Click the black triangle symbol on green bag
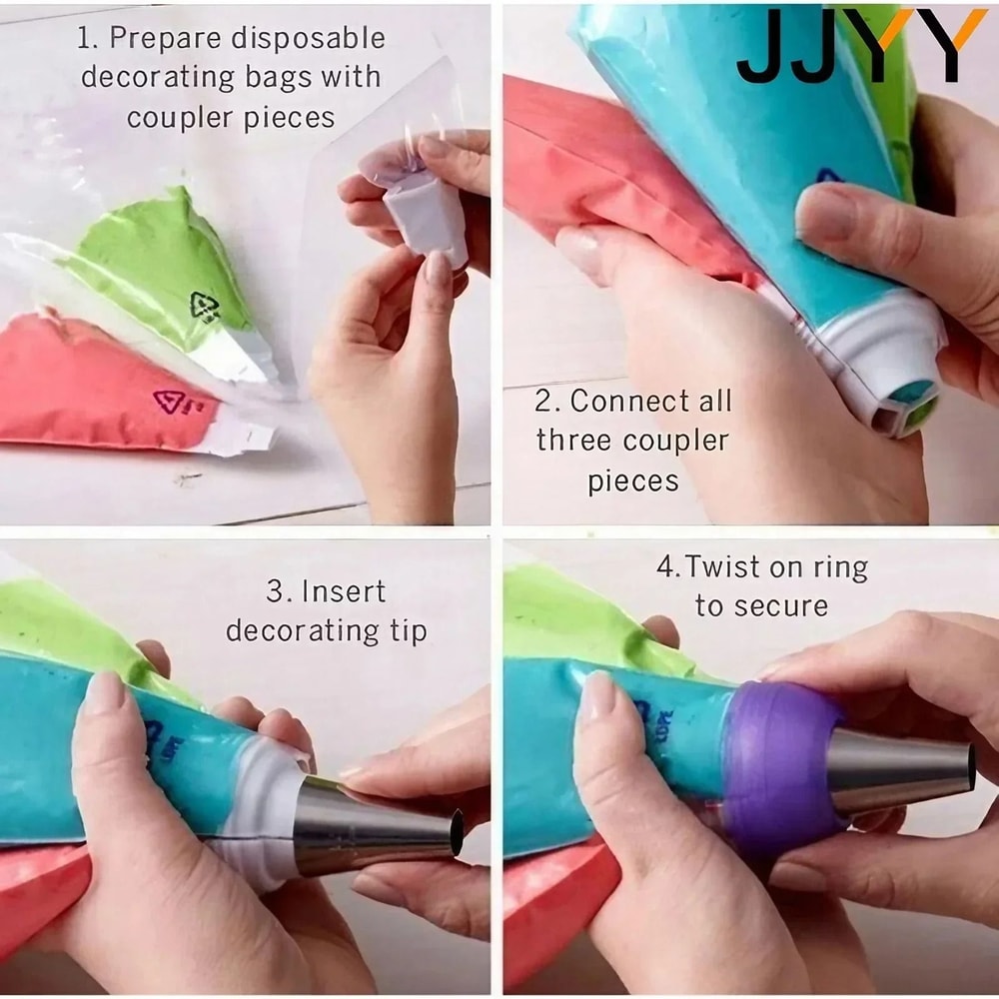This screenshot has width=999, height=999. [205, 306]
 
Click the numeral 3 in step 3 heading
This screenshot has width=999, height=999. [274, 591]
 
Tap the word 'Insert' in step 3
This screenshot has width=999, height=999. [342, 591]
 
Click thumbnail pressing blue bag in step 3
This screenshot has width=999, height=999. [103, 692]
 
